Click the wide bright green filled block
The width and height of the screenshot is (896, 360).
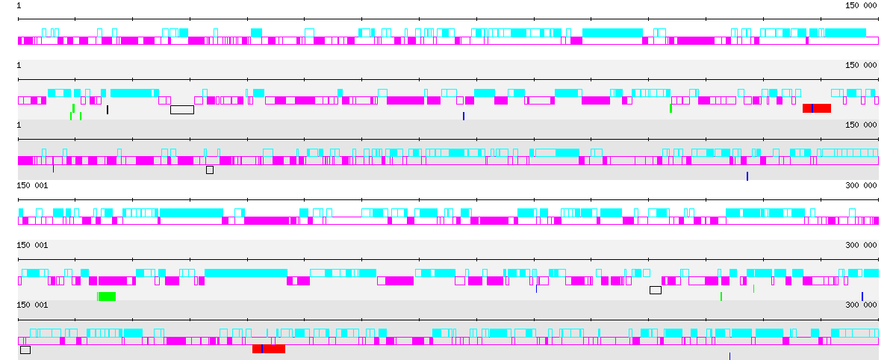tap(107, 297)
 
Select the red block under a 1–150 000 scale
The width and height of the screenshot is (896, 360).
tap(817, 108)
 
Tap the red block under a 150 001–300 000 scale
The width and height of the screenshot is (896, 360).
tap(269, 349)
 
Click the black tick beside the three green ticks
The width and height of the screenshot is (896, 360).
tap(108, 110)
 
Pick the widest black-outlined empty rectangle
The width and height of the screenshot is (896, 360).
tap(182, 110)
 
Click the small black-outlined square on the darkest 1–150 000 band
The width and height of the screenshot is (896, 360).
tap(210, 170)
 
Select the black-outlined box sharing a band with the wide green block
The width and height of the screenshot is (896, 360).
tap(656, 290)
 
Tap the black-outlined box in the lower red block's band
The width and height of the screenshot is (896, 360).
tap(25, 350)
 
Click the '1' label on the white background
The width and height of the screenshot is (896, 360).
tap(19, 5)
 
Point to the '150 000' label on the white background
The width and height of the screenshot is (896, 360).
tap(861, 5)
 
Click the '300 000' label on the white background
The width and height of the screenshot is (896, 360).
tap(861, 185)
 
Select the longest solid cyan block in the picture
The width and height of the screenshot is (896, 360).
tap(246, 273)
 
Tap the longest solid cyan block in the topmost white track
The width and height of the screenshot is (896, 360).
tap(612, 33)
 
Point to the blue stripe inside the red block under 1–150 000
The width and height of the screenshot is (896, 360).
tap(812, 108)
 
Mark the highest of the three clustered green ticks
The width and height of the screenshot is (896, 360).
tap(73, 108)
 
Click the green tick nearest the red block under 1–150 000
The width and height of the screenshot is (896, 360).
tap(671, 108)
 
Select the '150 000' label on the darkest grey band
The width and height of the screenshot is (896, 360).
tap(861, 125)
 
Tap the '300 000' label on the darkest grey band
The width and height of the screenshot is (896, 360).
tap(861, 305)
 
